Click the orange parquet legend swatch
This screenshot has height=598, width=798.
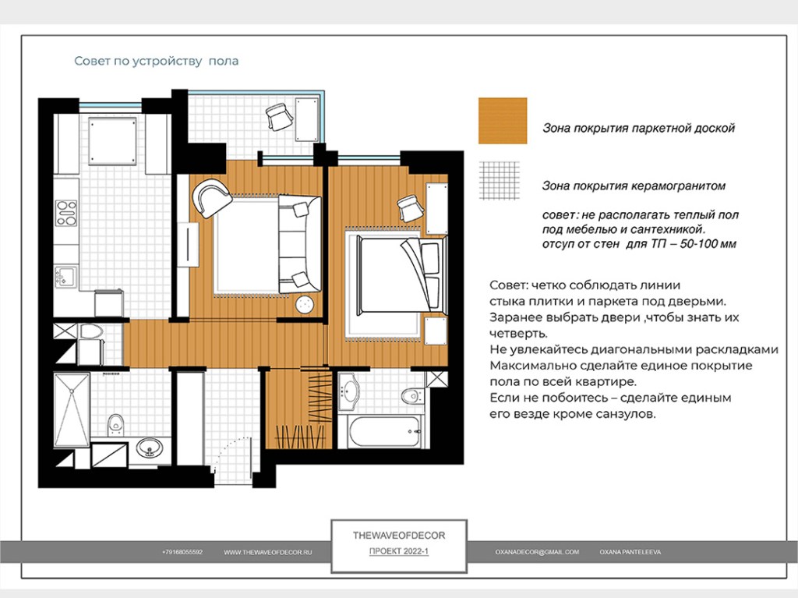point(503,121)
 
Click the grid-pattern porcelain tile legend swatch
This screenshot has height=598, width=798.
point(500,181)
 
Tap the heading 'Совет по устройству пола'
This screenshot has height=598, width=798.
point(156,61)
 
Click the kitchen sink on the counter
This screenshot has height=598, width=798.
point(65,278)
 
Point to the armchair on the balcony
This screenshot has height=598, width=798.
point(279,117)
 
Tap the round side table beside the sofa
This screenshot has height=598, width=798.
point(305,305)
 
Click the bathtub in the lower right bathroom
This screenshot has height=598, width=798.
point(385,432)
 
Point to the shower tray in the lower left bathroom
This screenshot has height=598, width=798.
point(72,411)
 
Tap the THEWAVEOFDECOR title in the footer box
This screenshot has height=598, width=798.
point(399,536)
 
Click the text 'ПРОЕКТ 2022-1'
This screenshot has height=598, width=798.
point(399,551)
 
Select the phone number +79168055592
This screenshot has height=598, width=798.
point(182,552)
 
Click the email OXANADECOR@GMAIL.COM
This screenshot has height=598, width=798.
point(537,552)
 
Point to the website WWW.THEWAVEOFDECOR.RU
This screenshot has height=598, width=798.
point(268,552)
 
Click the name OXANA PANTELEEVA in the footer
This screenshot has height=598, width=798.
point(630,552)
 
